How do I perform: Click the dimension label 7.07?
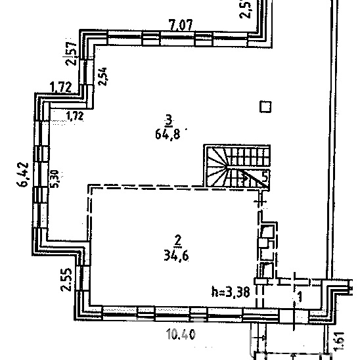[181, 25]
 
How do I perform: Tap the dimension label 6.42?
[23, 175]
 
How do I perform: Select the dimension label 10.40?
[181, 334]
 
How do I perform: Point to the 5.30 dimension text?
[55, 179]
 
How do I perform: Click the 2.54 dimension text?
[102, 76]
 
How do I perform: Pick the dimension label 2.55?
[66, 280]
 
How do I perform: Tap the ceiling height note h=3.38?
[231, 292]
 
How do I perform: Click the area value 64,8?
[168, 133]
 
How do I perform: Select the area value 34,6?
[176, 256]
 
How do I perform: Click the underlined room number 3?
[169, 121]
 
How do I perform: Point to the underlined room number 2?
[178, 242]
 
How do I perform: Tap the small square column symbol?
[265, 107]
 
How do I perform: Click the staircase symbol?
[236, 166]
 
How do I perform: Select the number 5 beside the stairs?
[265, 177]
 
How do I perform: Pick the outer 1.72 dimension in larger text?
[60, 87]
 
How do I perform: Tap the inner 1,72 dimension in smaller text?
[75, 116]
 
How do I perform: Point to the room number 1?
[300, 298]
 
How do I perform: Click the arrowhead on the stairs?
[245, 177]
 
